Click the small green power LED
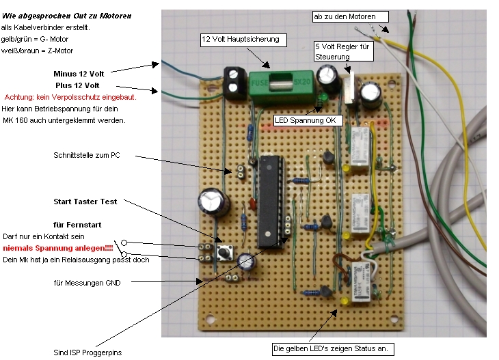321,101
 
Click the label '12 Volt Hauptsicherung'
241,40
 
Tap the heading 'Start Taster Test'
85,202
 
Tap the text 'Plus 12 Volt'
88,85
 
